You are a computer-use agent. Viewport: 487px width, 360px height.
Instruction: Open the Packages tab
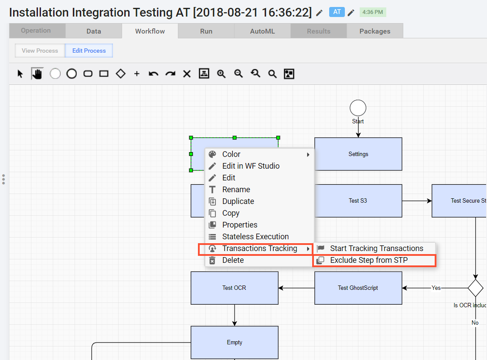click(x=375, y=31)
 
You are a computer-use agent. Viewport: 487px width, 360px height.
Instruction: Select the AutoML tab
click(x=262, y=31)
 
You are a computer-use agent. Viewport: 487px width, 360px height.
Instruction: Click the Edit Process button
click(x=89, y=51)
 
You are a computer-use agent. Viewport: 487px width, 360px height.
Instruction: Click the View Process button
click(x=40, y=51)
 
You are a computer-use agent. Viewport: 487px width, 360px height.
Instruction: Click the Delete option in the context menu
click(x=233, y=260)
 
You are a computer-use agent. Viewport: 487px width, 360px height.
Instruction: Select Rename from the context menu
click(x=236, y=190)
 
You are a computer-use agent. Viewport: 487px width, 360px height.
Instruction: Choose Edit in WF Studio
click(x=251, y=166)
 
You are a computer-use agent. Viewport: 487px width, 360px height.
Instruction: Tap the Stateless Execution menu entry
click(x=255, y=237)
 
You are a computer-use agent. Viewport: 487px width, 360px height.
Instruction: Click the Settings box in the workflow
click(x=358, y=154)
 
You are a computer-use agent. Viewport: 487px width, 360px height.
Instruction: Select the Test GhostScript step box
click(x=358, y=288)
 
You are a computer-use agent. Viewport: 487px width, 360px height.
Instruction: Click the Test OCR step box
click(x=235, y=288)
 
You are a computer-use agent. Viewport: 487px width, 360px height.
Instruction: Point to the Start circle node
click(x=358, y=108)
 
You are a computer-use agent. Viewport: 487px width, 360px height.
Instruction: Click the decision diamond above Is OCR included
click(x=476, y=288)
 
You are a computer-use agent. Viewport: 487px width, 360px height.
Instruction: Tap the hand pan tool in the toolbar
click(x=37, y=74)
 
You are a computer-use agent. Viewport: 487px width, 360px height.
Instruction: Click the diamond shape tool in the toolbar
click(x=120, y=74)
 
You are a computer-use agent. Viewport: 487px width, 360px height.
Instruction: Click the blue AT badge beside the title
click(x=337, y=12)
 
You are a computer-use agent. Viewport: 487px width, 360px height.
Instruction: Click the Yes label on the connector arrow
click(x=436, y=288)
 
